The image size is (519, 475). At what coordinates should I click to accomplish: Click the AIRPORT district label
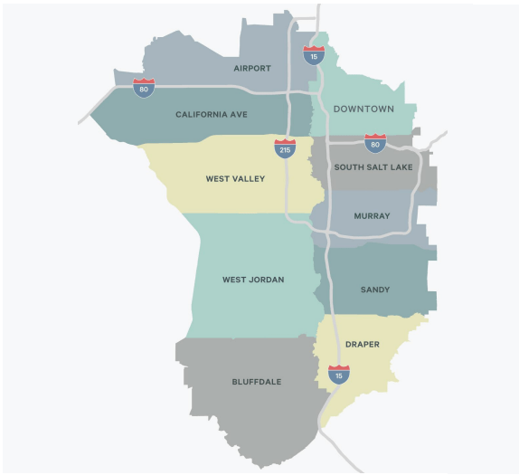(252, 68)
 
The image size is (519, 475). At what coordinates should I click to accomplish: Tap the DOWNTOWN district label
(363, 109)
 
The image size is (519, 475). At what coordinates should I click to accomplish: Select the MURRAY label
(372, 216)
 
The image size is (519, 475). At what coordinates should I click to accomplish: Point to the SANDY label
(375, 290)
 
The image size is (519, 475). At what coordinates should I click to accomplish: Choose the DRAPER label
(363, 345)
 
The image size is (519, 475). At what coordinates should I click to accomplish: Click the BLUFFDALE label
(257, 382)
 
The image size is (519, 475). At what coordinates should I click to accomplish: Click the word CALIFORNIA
(198, 115)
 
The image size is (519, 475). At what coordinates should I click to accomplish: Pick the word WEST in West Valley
(217, 179)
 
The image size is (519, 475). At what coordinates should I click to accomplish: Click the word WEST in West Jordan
(234, 280)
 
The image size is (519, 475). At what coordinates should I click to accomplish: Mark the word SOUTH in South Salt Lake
(350, 167)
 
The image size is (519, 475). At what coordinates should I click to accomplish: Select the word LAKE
(403, 167)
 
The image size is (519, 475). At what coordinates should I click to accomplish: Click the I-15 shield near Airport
(314, 54)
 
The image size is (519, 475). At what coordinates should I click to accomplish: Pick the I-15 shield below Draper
(339, 373)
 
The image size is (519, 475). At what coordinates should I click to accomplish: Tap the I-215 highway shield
(285, 147)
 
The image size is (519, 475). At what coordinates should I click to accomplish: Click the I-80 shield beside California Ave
(144, 87)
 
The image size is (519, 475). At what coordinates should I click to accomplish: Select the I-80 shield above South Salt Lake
(375, 142)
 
